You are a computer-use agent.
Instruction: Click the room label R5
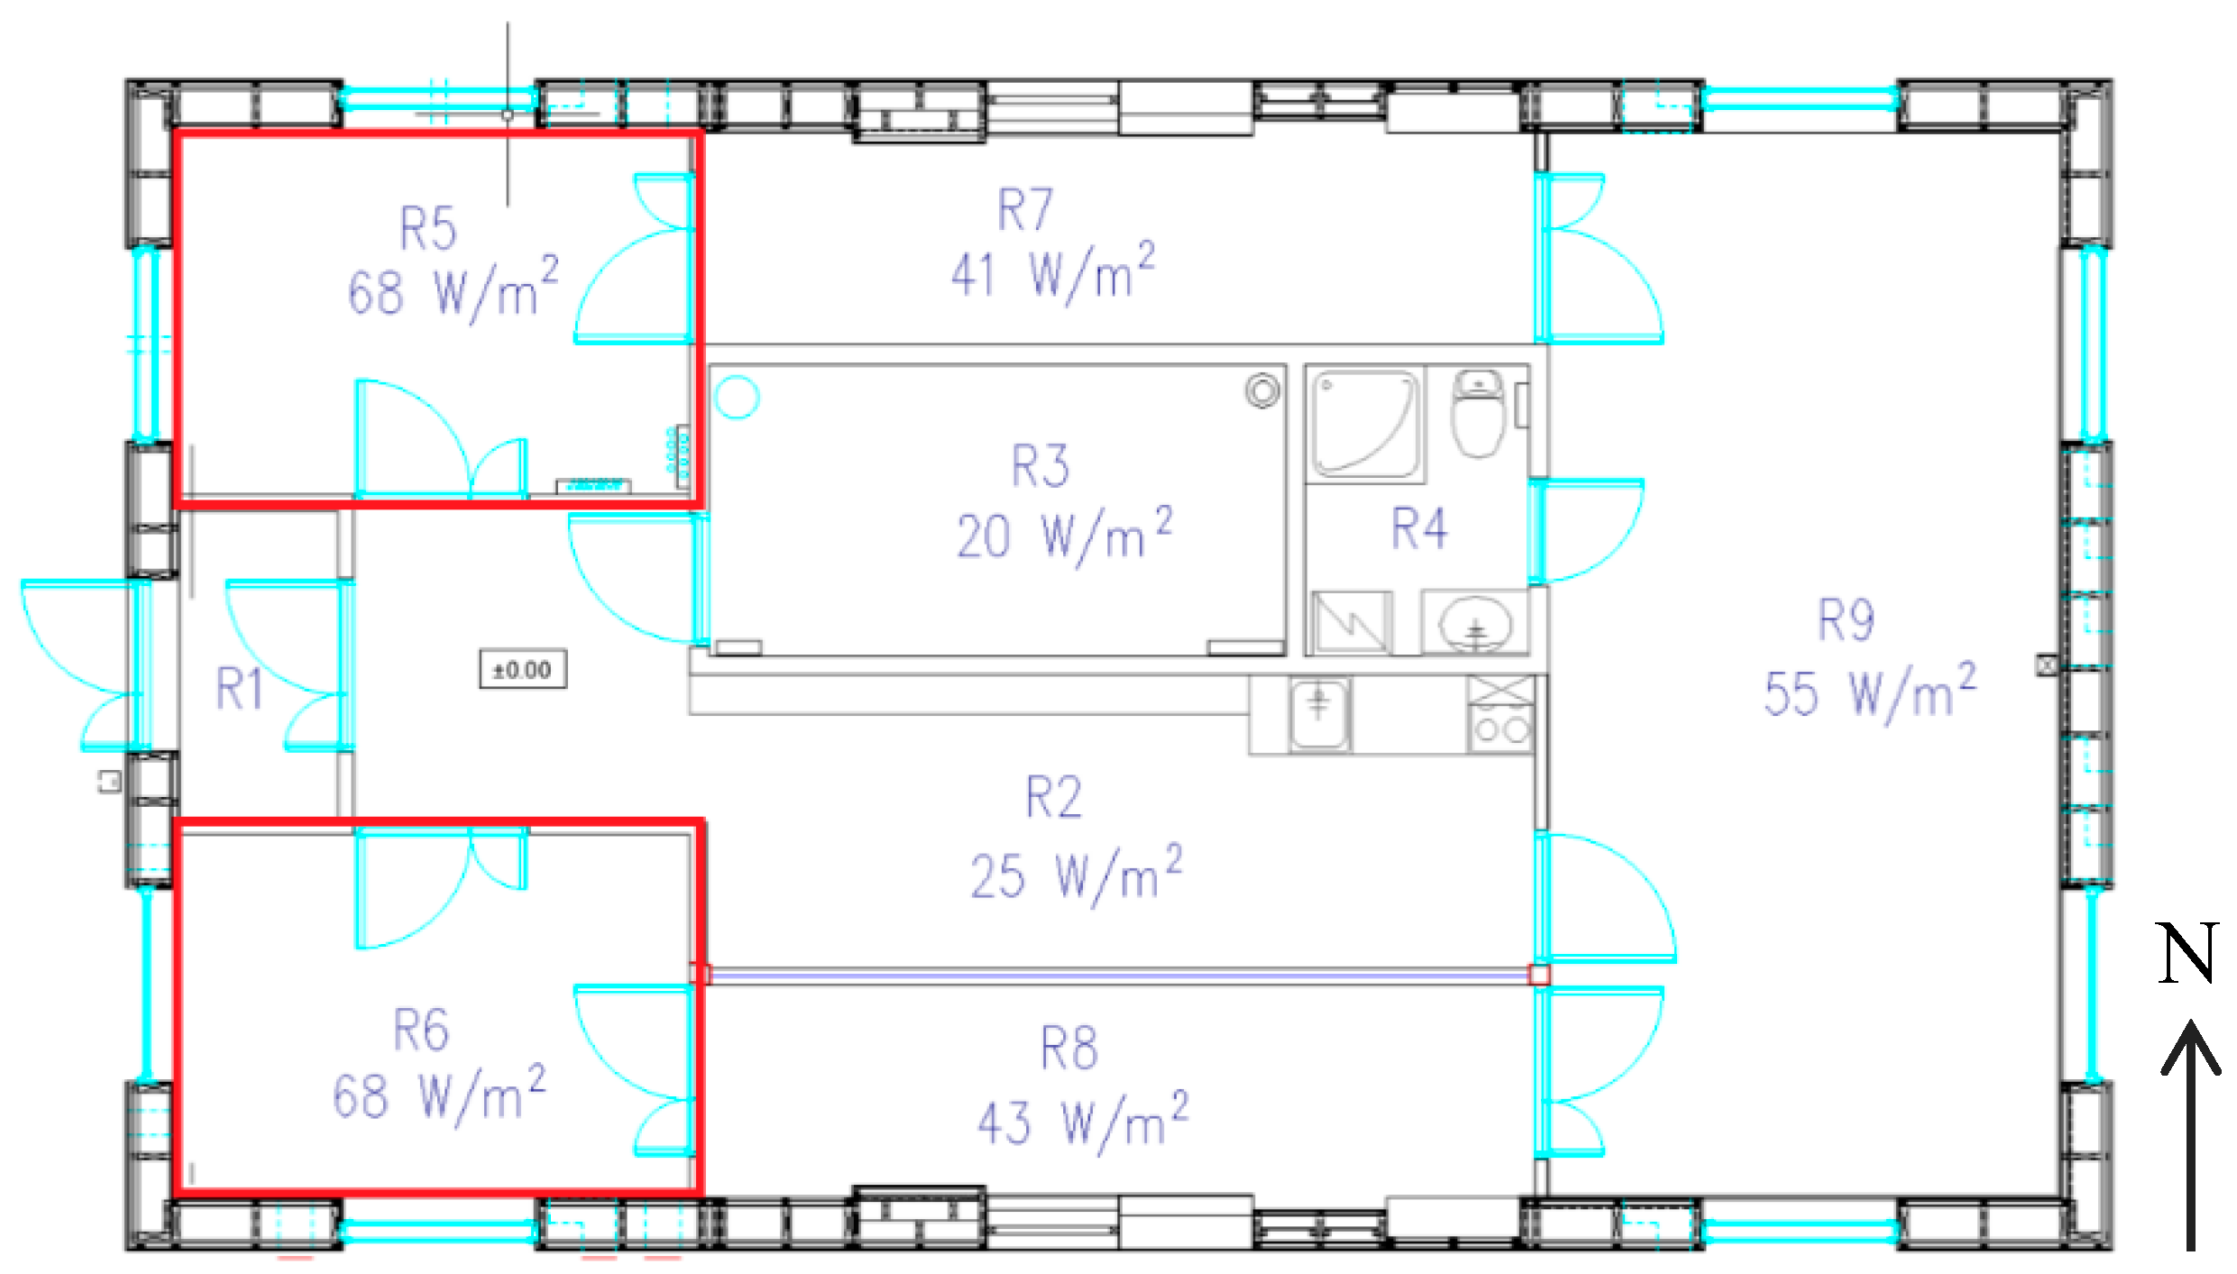428,228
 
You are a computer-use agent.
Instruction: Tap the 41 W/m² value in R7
1053,271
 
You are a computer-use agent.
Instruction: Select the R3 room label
1041,465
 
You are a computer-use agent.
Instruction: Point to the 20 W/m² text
1064,535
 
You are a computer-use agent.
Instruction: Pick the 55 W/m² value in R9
1870,692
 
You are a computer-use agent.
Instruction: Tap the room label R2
1054,797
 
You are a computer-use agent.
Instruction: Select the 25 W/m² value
1077,874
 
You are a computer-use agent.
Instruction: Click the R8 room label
1069,1048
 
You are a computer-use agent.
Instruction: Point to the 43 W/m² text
1083,1122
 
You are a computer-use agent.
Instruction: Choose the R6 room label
421,1030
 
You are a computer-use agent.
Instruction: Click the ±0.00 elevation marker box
523,669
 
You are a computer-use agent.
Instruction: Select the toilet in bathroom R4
1478,413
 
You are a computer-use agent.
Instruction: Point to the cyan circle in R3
737,397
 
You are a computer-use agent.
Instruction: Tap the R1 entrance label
240,688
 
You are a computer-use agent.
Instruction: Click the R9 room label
1846,619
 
